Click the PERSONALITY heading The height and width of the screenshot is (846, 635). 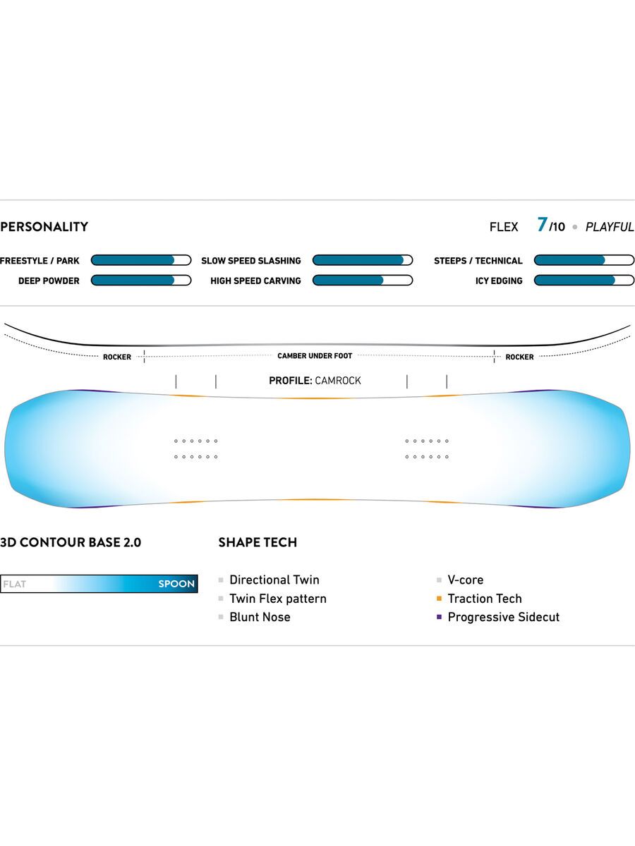pyautogui.click(x=44, y=227)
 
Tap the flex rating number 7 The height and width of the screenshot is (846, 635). pyautogui.click(x=542, y=225)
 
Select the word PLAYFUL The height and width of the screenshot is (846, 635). pyautogui.click(x=610, y=227)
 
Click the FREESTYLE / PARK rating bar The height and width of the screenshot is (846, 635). pyautogui.click(x=141, y=260)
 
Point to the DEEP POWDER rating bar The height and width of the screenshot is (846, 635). pyautogui.click(x=141, y=281)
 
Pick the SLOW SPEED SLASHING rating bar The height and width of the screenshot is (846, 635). pyautogui.click(x=362, y=260)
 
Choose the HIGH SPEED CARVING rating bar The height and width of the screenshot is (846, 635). pyautogui.click(x=362, y=281)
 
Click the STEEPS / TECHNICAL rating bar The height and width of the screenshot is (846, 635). pyautogui.click(x=583, y=260)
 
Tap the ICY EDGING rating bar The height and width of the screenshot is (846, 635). pyautogui.click(x=583, y=281)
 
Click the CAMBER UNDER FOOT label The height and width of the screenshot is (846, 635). pyautogui.click(x=315, y=356)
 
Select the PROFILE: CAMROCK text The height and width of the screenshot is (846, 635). pyautogui.click(x=315, y=381)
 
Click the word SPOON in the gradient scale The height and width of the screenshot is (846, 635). pyautogui.click(x=176, y=584)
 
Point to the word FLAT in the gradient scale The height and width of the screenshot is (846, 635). pyautogui.click(x=15, y=584)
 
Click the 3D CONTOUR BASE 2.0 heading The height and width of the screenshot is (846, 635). pyautogui.click(x=71, y=542)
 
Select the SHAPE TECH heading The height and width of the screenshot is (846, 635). pyautogui.click(x=258, y=542)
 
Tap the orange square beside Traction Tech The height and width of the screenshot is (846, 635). pyautogui.click(x=439, y=599)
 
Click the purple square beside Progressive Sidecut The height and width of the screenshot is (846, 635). pyautogui.click(x=439, y=617)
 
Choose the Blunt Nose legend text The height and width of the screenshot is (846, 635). pyautogui.click(x=260, y=617)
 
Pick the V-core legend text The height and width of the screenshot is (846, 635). pyautogui.click(x=466, y=580)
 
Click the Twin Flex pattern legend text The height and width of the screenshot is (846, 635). pyautogui.click(x=278, y=599)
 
